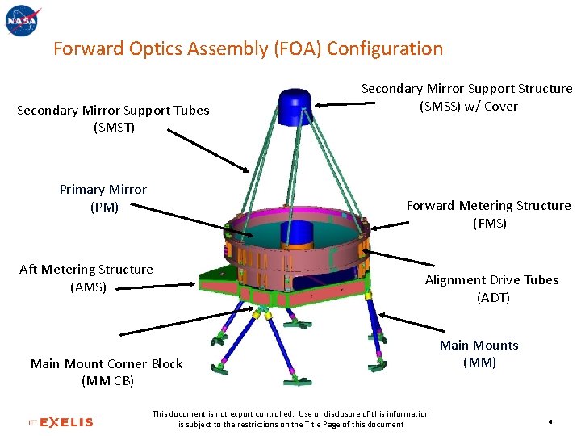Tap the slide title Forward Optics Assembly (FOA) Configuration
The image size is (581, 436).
coord(248,48)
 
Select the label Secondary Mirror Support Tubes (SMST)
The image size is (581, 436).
coord(113,119)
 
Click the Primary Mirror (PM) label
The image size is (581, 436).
coord(103,198)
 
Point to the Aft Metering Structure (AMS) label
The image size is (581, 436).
coord(86,278)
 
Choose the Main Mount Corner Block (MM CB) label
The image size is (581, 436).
coord(107,372)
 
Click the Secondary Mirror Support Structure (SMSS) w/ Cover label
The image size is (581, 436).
coord(466,97)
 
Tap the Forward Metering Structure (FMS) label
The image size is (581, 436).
coord(488,214)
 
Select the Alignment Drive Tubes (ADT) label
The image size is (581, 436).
coord(491,288)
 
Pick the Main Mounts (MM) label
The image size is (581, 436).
coord(479,354)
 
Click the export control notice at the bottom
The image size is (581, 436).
coord(290,419)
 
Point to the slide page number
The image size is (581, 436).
coord(549,421)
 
